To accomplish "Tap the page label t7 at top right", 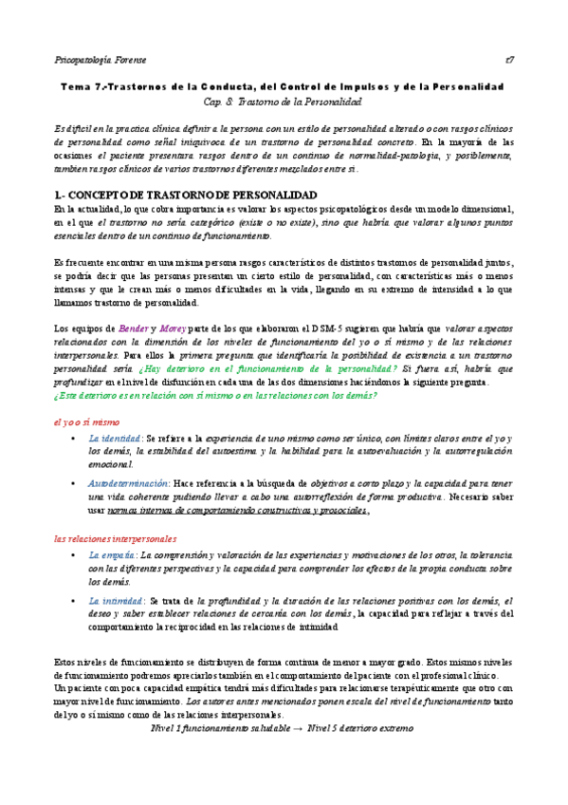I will [x=510, y=59].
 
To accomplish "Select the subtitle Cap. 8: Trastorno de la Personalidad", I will [x=283, y=101].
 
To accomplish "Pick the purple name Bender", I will [x=128, y=328].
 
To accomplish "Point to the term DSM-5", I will [x=340, y=328].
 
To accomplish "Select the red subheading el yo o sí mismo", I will [x=86, y=421].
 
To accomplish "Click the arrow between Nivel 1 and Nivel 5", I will [x=297, y=728].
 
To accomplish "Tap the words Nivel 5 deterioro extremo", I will [x=361, y=728].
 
